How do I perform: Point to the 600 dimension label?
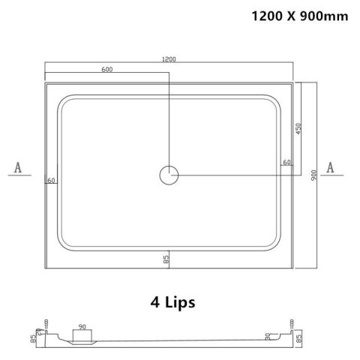pyautogui.click(x=107, y=70)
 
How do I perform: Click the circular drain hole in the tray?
pyautogui.click(x=169, y=175)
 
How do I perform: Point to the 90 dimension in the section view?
pyautogui.click(x=82, y=326)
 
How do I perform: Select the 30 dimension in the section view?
pyautogui.click(x=268, y=337)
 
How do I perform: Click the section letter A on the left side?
pyautogui.click(x=17, y=166)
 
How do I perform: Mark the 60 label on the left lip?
pyautogui.click(x=51, y=180)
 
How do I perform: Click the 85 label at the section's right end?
pyautogui.click(x=298, y=338)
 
